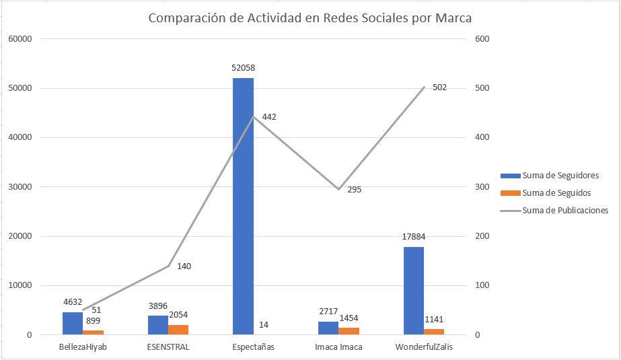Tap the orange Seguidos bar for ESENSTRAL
click(178, 329)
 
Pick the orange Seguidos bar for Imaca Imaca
click(349, 330)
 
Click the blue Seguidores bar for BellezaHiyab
click(73, 323)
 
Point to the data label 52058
click(243, 68)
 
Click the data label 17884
click(414, 237)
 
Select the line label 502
click(439, 87)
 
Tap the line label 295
click(355, 190)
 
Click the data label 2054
click(179, 317)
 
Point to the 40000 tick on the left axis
click(20, 138)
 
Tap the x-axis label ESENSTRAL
click(168, 347)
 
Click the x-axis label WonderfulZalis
click(423, 347)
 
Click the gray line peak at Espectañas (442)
click(253, 117)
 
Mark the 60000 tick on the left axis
click(20, 39)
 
